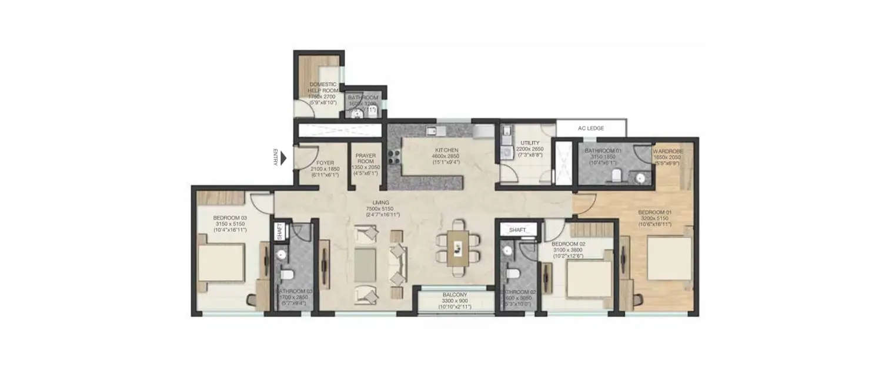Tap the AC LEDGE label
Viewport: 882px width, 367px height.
point(591,128)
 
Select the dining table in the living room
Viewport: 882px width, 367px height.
point(457,247)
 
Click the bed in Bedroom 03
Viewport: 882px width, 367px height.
point(220,262)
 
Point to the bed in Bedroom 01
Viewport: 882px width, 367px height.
point(669,258)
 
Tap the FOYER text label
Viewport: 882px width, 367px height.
point(325,163)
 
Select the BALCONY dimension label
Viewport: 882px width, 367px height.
point(454,301)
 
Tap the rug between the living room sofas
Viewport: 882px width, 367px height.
point(365,262)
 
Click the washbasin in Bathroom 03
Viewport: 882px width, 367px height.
point(282,254)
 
